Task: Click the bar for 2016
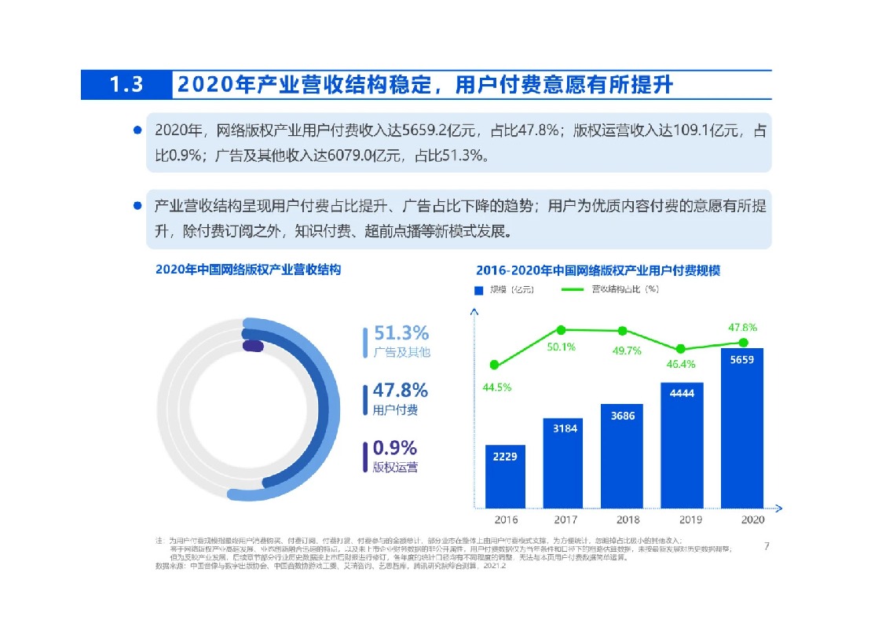(x=505, y=476)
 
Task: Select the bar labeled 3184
(x=563, y=462)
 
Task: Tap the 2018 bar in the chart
(x=622, y=456)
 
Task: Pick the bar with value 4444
(x=682, y=445)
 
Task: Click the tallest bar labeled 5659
(x=741, y=428)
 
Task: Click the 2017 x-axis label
(x=565, y=519)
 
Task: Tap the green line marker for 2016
(x=494, y=365)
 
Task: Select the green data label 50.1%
(x=562, y=347)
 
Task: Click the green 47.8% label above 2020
(x=742, y=327)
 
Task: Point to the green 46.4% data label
(x=680, y=364)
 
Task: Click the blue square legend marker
(x=478, y=289)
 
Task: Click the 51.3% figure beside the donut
(x=401, y=333)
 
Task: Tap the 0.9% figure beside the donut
(x=394, y=448)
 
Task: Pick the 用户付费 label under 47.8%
(x=395, y=409)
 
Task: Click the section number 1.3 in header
(x=126, y=85)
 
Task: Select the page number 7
(x=766, y=546)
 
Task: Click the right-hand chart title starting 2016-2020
(x=598, y=270)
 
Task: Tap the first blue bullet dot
(x=137, y=130)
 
